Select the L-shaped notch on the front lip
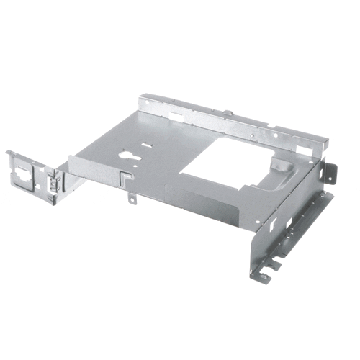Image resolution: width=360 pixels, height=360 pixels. coord(125,176)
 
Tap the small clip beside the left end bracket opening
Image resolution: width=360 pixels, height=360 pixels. coord(51,181)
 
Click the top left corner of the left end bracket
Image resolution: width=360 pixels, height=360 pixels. coord(9,152)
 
